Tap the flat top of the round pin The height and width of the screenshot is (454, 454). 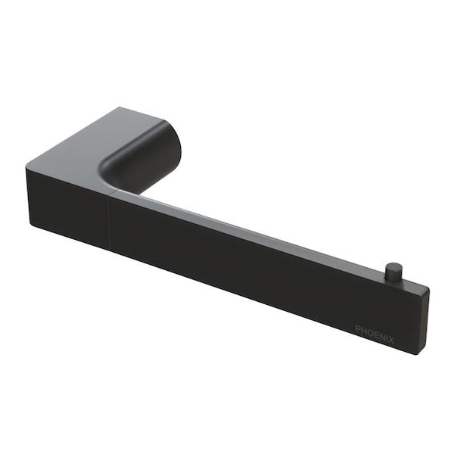click(x=393, y=265)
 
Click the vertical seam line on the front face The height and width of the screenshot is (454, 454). click(x=110, y=219)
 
